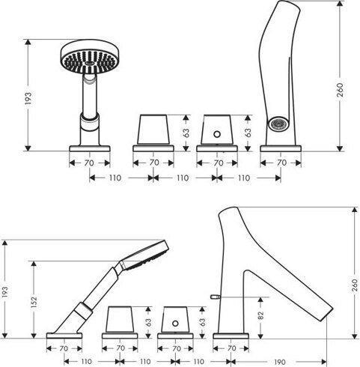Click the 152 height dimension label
point(34,301)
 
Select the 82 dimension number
point(260,315)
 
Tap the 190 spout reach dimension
point(280,362)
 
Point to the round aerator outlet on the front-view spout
point(278,124)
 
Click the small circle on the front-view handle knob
point(217,134)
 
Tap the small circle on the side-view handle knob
point(175,324)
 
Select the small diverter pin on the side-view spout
point(216,297)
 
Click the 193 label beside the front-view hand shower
point(28,98)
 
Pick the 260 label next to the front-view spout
point(340,90)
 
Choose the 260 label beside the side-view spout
point(354,286)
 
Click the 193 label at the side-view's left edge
point(5,292)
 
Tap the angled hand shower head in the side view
point(144,255)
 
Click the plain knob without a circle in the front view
point(153,130)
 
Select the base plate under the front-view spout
point(281,148)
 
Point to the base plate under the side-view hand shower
point(64,336)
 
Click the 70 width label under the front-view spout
point(281,163)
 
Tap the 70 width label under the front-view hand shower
point(89,163)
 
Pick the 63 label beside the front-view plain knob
point(186,133)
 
